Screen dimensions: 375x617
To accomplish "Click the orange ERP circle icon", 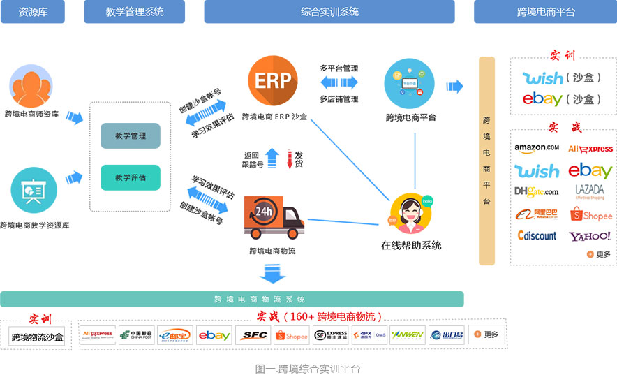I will pos(272,81).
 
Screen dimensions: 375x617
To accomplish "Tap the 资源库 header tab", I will pos(33,12).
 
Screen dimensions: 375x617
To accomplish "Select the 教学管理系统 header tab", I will pos(135,12).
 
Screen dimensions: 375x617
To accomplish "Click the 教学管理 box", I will pos(131,136).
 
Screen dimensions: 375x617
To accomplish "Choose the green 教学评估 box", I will pos(131,177).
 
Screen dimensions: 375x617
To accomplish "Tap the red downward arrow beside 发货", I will pos(289,160).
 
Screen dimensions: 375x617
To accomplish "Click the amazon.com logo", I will pos(536,148).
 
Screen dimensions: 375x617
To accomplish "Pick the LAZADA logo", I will pos(590,191).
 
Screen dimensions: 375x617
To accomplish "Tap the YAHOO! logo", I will pos(590,236).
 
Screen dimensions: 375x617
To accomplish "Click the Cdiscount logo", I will pos(537,236).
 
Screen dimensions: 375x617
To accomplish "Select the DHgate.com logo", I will pos(536,191).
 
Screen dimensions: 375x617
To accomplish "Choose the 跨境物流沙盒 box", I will pos(38,337).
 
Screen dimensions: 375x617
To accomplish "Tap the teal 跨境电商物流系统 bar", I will pos(232,299).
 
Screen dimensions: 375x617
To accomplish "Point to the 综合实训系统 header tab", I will pos(329,12).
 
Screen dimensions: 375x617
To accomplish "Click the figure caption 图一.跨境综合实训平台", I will pos(308,368).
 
